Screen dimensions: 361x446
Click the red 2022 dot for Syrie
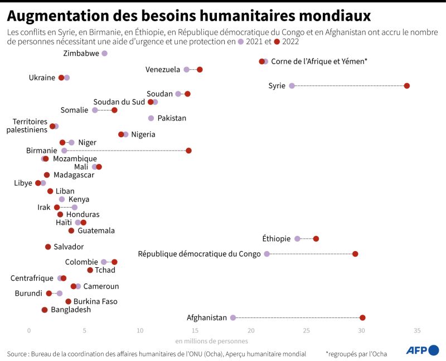tap(407, 85)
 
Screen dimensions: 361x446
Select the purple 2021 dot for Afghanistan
tap(233, 317)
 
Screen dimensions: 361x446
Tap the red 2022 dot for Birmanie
tap(188, 151)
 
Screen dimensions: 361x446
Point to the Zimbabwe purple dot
tap(104, 53)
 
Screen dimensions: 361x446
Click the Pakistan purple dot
tap(151, 118)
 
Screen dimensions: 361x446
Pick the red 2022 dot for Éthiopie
tap(316, 239)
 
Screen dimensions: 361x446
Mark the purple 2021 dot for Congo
tap(266, 254)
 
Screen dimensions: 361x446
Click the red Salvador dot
tap(48, 247)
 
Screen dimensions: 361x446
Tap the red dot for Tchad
tap(90, 270)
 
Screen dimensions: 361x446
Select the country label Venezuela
tap(163, 70)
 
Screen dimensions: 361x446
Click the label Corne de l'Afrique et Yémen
tap(319, 61)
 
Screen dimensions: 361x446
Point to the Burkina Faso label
tap(95, 302)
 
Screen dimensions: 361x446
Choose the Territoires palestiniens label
tap(30, 126)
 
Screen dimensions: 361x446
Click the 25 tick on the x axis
tap(306, 331)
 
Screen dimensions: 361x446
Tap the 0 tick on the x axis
tap(29, 331)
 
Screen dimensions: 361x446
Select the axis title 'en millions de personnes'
tap(211, 341)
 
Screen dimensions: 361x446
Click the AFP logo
tap(422, 350)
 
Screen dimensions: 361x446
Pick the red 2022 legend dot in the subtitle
tap(277, 42)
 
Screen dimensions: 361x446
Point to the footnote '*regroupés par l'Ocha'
tap(356, 354)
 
